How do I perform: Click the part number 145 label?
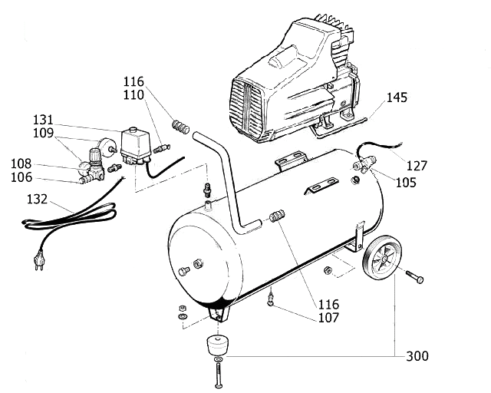coord(397,97)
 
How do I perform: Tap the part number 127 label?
coord(417,166)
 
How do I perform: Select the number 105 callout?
coord(406,183)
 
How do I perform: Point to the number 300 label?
coord(417,356)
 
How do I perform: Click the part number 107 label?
coord(329,318)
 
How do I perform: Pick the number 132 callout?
coord(37,199)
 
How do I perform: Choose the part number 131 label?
coord(43,120)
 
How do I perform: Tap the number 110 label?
coord(133,95)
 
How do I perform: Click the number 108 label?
coord(21,163)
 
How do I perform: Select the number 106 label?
coord(21,178)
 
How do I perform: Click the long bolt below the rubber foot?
coord(219,375)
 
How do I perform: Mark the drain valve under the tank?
coord(271,299)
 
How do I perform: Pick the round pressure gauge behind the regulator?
coord(107,146)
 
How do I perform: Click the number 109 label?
coord(43,134)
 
